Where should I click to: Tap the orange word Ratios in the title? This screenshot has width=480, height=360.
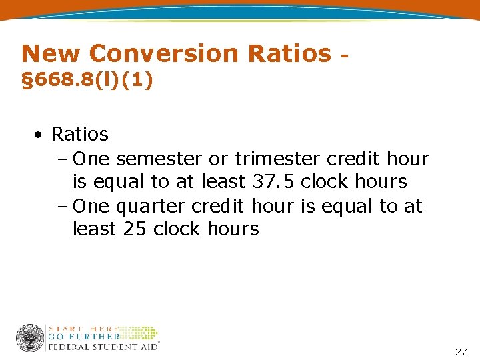[x=289, y=53]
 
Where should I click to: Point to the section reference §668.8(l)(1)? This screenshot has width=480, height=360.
[x=87, y=81]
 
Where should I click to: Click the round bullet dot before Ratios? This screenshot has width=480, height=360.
[x=41, y=135]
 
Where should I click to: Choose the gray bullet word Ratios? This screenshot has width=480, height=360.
[x=79, y=134]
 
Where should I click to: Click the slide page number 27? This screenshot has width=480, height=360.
[x=461, y=351]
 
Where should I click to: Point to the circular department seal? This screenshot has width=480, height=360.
[x=30, y=338]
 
